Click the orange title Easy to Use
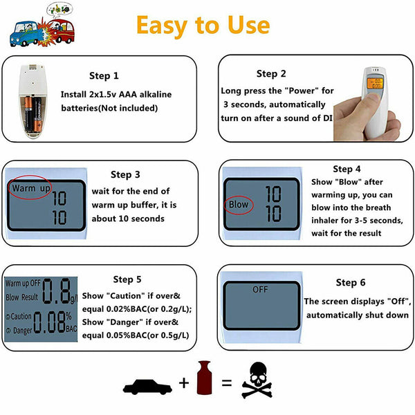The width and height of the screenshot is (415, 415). click(x=203, y=25)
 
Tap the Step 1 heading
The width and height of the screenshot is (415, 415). click(x=104, y=76)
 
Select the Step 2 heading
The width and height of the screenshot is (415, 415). click(x=271, y=74)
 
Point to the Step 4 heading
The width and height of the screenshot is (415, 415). click(x=347, y=169)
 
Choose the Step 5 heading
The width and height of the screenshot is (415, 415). click(x=127, y=279)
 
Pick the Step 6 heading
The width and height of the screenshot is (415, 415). click(x=351, y=283)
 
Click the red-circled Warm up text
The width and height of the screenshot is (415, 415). click(x=29, y=188)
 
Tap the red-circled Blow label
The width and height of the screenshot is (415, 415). click(x=239, y=205)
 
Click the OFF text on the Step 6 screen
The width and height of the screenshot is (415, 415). click(x=260, y=289)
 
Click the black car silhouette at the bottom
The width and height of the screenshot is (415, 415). click(x=148, y=384)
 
